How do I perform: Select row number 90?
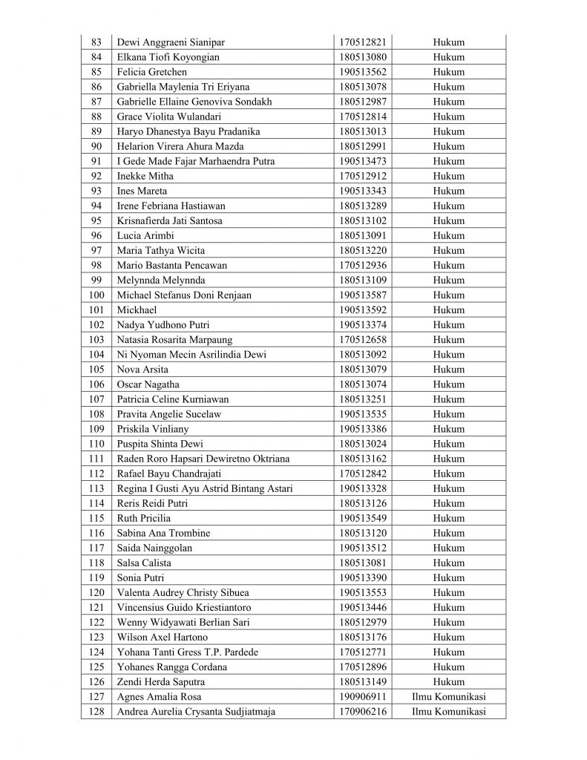[96, 146]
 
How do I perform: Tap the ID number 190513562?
[363, 72]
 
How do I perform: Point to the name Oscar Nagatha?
[148, 384]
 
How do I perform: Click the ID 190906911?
[363, 697]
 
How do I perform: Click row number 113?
[96, 488]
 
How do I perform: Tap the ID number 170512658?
[363, 340]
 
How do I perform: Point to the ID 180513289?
[363, 206]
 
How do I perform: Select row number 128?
[96, 712]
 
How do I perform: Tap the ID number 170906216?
[363, 712]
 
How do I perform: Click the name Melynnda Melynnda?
[161, 281]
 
